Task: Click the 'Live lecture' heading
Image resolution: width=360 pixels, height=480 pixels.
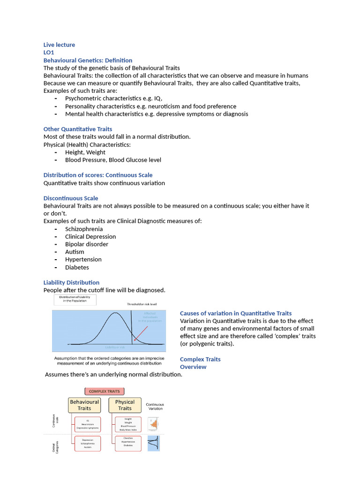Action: [x=59, y=45]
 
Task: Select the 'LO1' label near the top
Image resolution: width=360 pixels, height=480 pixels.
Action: [x=49, y=52]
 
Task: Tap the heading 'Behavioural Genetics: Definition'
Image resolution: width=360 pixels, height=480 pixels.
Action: [x=88, y=60]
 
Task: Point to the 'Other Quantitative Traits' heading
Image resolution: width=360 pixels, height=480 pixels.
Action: [x=78, y=129]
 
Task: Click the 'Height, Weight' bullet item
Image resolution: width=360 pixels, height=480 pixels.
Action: [x=85, y=152]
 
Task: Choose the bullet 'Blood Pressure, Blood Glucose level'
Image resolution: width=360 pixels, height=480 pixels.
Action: [x=113, y=160]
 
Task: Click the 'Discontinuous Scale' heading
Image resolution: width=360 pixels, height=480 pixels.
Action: [x=71, y=198]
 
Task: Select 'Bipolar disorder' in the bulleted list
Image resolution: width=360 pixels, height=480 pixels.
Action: [x=87, y=244]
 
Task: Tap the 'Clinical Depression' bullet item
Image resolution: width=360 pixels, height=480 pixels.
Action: [x=90, y=237]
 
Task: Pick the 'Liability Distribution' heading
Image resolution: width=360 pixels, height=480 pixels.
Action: [x=71, y=283]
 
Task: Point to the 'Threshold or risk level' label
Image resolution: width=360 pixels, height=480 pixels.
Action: [x=142, y=304]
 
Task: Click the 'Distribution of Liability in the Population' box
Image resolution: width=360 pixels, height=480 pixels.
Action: [x=76, y=299]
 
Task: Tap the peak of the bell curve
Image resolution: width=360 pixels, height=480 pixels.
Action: [x=113, y=314]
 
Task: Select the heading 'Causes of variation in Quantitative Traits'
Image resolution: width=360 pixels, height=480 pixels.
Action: [x=236, y=313]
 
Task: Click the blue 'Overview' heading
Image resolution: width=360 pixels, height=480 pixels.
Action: [x=193, y=367]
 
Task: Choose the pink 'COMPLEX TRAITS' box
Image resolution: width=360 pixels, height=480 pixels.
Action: [x=104, y=391]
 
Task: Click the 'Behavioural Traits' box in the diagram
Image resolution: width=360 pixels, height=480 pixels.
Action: [x=84, y=405]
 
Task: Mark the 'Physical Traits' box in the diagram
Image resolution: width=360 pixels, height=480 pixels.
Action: [x=125, y=405]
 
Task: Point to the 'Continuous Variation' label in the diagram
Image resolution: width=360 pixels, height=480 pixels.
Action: [x=155, y=406]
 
